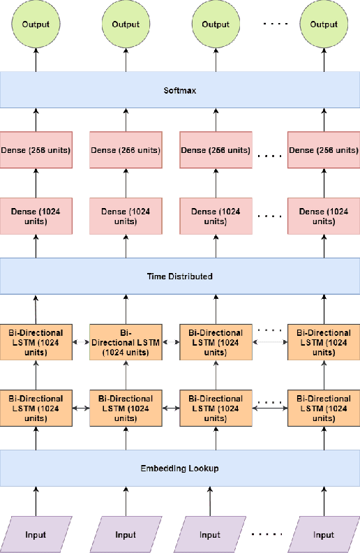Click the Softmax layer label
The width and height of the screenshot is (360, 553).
(180, 89)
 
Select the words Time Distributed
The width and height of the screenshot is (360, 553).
(180, 276)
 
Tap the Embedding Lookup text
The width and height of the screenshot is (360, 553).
(180, 468)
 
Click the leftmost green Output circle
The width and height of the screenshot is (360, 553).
(36, 24)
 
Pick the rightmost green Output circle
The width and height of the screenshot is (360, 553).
(324, 24)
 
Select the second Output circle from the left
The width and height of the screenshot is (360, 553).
(126, 24)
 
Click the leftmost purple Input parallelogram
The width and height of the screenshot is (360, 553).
(36, 535)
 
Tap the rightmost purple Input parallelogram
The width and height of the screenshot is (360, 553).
(324, 535)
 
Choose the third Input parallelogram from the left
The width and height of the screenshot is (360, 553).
(210, 535)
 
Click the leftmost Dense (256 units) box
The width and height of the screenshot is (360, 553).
(36, 150)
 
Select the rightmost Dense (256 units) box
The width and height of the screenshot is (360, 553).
(324, 150)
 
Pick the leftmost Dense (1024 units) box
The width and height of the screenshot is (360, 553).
(36, 216)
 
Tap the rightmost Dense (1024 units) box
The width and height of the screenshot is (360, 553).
(324, 216)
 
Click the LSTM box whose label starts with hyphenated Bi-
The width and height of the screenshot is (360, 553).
(126, 342)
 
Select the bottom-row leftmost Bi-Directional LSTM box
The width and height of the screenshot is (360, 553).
(36, 408)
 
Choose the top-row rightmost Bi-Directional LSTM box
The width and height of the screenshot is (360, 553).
(324, 342)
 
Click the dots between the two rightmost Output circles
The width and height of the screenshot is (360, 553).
(273, 24)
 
